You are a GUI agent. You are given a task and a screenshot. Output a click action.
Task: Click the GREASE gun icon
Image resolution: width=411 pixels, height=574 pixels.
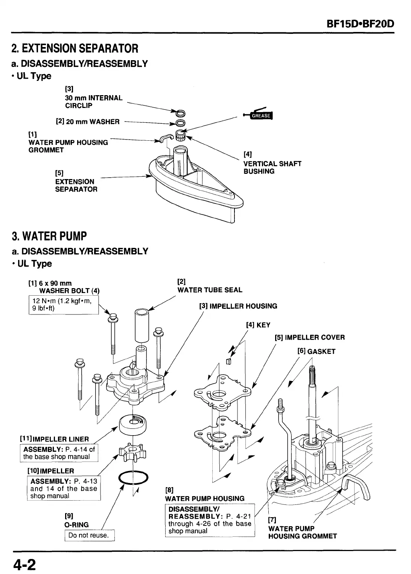(260, 115)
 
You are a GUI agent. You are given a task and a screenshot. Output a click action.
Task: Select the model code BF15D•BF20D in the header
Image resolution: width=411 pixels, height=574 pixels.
(360, 24)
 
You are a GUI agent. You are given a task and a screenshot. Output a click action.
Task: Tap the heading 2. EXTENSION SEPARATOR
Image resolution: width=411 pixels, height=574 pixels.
(75, 49)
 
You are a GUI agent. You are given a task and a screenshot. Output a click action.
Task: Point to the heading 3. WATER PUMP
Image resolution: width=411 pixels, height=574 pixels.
(49, 236)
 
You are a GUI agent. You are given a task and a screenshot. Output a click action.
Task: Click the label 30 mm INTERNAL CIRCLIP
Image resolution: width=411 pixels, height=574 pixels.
(94, 102)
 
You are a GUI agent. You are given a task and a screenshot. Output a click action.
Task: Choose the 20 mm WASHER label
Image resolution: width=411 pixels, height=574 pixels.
(88, 121)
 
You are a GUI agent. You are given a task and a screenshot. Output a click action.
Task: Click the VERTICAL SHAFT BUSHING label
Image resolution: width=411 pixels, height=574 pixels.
(272, 167)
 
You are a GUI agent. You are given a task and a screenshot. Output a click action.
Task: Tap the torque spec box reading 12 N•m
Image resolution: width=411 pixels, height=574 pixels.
(63, 305)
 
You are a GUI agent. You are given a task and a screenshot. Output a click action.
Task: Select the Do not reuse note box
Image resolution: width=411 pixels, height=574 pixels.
(89, 535)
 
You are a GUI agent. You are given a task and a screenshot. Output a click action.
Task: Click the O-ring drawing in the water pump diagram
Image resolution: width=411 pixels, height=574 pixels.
(133, 478)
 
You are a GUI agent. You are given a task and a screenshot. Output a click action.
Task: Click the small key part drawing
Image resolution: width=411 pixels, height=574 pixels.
(228, 361)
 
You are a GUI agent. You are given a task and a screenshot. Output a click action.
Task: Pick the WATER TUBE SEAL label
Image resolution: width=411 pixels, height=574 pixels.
(210, 290)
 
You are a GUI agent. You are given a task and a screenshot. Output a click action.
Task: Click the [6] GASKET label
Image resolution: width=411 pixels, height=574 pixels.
(316, 351)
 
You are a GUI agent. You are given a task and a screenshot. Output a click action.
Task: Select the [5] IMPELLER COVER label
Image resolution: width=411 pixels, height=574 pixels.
(309, 337)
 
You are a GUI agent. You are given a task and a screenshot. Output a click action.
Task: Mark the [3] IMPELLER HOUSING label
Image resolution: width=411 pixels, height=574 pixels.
(238, 306)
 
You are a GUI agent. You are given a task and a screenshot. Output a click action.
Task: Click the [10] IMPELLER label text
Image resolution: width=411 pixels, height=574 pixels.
(51, 471)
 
